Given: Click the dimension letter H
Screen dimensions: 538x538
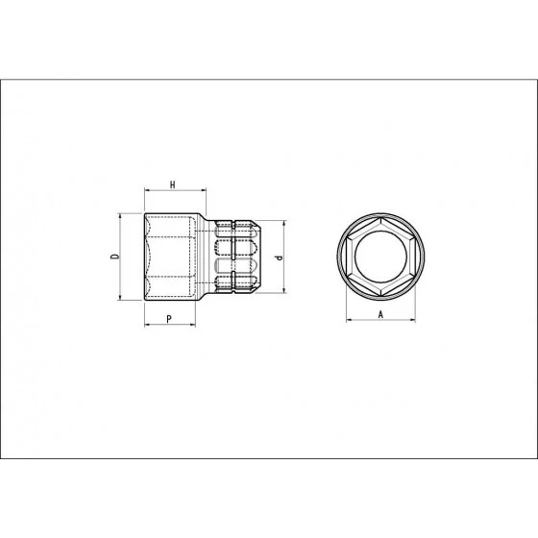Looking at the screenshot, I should point(172,183).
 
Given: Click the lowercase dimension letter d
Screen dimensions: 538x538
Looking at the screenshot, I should point(277,257).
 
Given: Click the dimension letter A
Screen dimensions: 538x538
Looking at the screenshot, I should point(380,314).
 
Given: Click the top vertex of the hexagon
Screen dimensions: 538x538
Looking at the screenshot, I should point(380,219).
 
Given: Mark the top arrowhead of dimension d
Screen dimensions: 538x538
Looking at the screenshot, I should point(284,223).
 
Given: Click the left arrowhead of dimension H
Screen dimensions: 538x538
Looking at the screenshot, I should point(146,190).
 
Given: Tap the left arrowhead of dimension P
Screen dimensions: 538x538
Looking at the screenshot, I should point(146,325).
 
